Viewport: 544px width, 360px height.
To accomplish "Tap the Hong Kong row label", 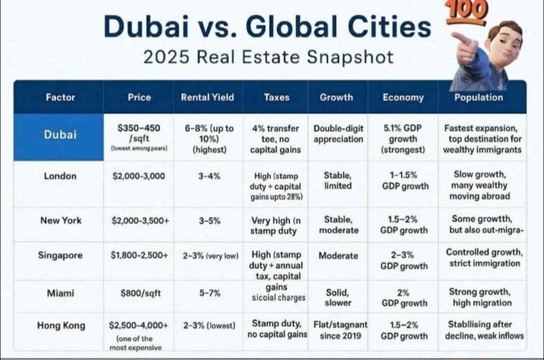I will tap(60, 325).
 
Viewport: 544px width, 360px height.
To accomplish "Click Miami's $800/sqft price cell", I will tap(139, 292).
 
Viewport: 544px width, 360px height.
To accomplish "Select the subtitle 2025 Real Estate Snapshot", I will tap(268, 57).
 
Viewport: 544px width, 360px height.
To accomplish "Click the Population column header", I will tap(479, 97).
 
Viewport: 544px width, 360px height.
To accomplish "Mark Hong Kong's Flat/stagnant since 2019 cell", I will tap(336, 330).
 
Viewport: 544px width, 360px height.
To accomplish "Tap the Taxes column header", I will tap(276, 97).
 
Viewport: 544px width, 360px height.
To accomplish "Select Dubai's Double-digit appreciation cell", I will tap(336, 134).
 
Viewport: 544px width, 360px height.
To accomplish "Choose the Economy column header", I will tap(403, 97).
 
